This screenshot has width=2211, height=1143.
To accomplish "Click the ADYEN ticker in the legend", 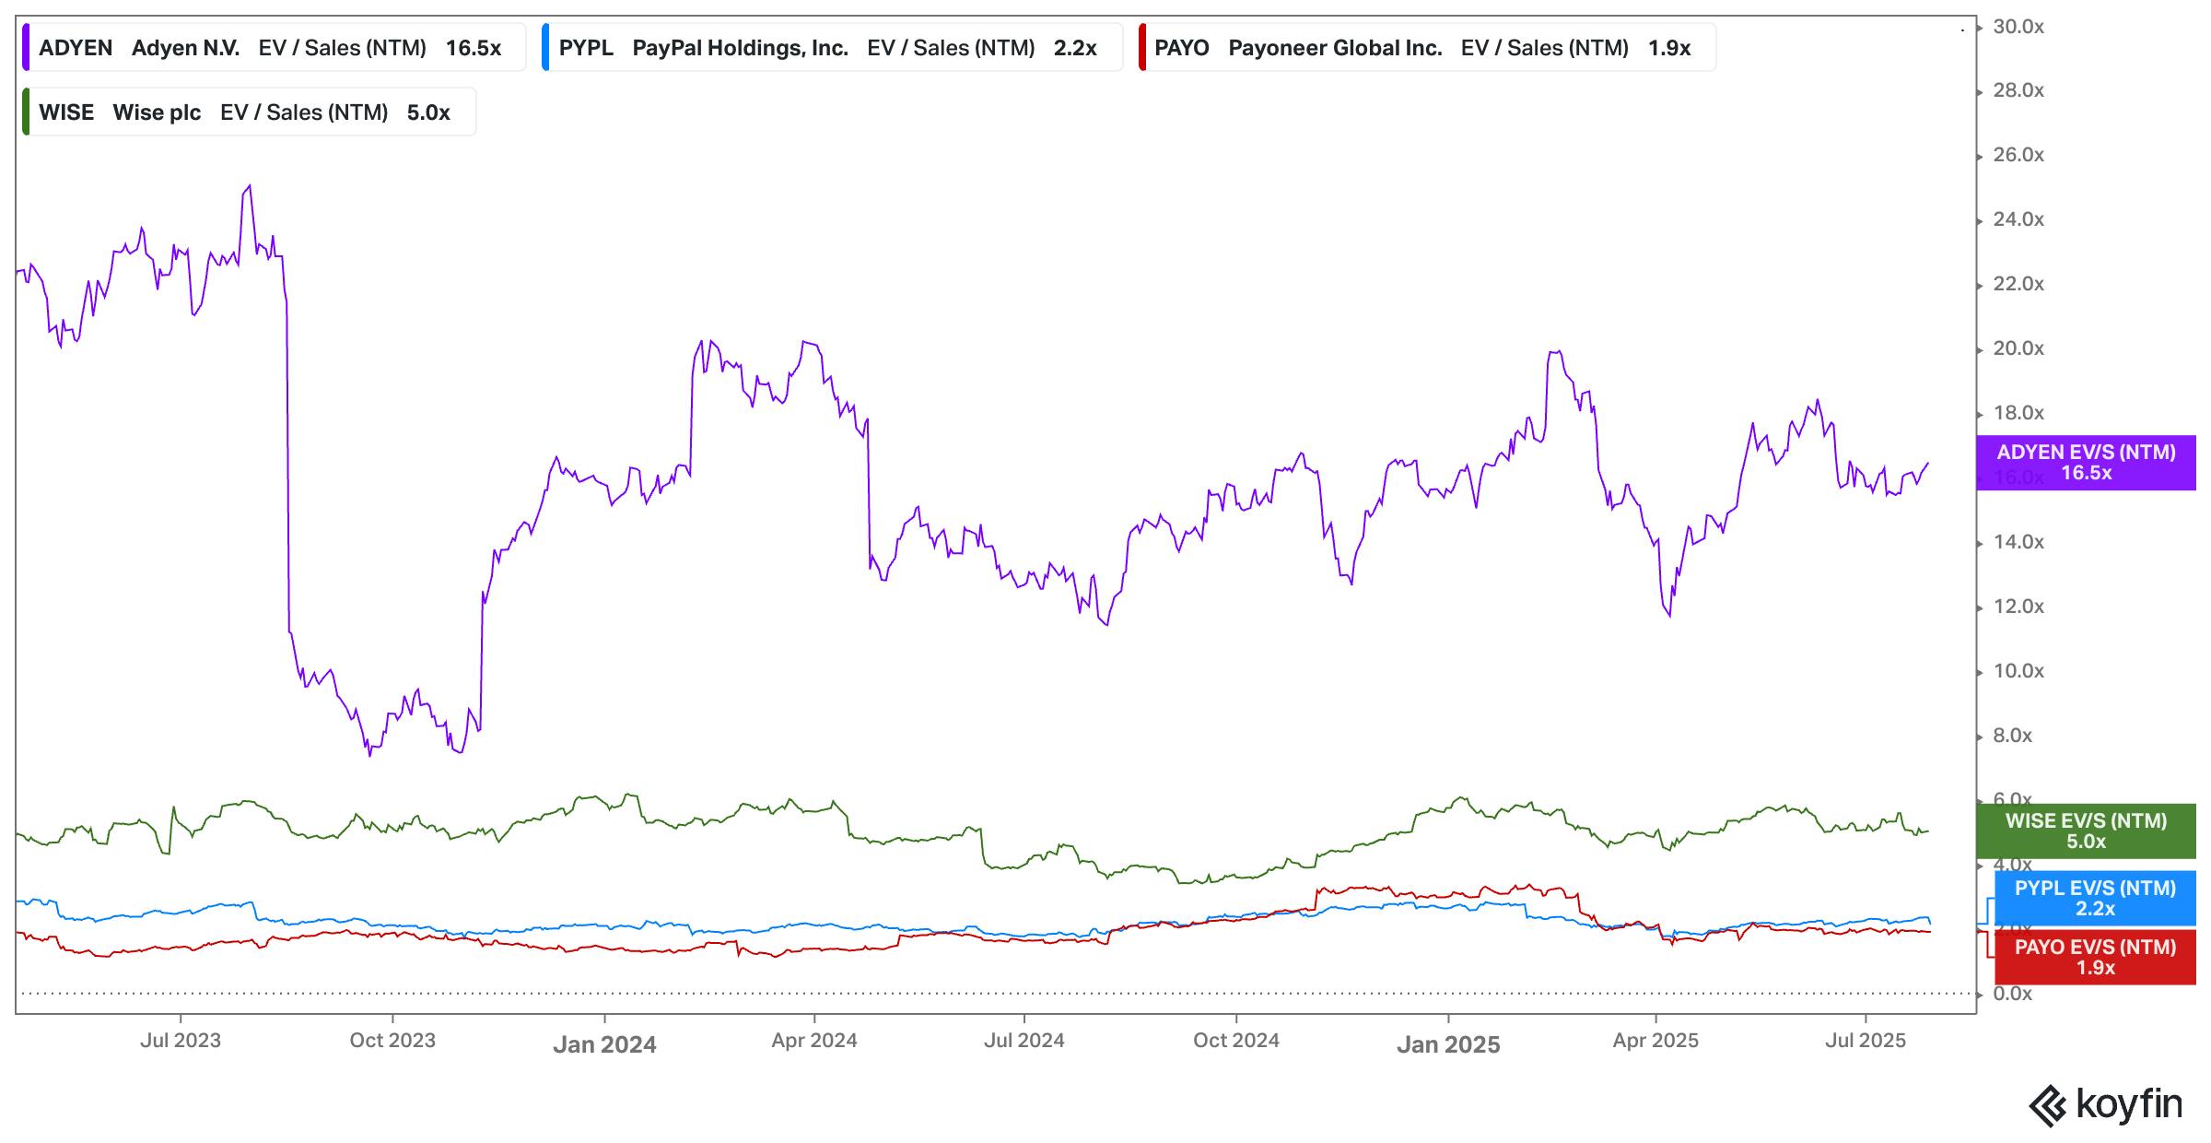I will (x=76, y=48).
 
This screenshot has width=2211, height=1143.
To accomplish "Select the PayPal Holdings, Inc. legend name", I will (x=740, y=48).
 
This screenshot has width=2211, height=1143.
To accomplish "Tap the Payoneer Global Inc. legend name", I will (x=1335, y=48).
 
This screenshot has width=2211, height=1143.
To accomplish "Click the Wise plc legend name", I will (x=157, y=112).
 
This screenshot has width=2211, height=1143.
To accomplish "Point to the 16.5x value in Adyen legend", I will (x=474, y=48).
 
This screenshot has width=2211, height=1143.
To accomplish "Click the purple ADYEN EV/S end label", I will (x=2086, y=463).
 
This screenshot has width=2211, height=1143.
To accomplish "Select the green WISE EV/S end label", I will (x=2086, y=831).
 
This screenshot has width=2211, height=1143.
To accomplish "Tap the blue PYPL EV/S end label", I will (x=2095, y=899).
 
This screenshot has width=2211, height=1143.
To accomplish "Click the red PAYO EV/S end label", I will (x=2095, y=958).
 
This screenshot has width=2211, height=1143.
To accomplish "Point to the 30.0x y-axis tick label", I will (x=2018, y=27).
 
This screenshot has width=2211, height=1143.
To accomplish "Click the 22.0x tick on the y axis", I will (x=2018, y=284).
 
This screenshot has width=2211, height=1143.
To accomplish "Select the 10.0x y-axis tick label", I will (x=2018, y=671).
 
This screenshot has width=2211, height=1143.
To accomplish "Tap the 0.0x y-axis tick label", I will (x=2012, y=994).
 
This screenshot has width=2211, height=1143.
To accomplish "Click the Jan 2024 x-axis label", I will (x=604, y=1044).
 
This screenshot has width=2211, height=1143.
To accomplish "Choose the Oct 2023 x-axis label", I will (x=392, y=1041).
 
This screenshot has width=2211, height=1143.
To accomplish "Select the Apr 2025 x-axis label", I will (x=1655, y=1041).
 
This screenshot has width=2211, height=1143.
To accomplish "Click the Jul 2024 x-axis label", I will (x=1024, y=1041).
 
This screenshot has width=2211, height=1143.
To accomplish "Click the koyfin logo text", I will (x=2128, y=1103).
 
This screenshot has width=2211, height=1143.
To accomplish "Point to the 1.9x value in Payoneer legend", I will (x=1669, y=48).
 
